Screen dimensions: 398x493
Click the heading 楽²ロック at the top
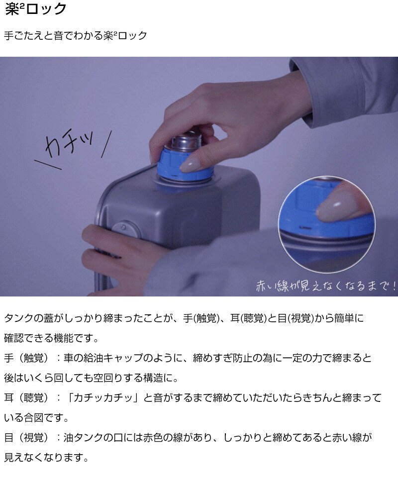click(35, 8)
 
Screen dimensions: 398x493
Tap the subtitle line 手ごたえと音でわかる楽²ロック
click(76, 35)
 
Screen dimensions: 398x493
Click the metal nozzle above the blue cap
click(186, 141)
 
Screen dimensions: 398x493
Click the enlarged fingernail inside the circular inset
click(341, 204)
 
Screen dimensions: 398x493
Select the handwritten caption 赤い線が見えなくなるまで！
click(326, 286)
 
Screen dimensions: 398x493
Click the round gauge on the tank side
click(124, 228)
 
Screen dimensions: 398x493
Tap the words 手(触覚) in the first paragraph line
click(200, 318)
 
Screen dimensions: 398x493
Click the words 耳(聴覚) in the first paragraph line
click(248, 318)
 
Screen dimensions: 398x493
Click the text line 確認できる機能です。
click(52, 338)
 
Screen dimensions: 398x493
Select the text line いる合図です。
click(36, 418)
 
